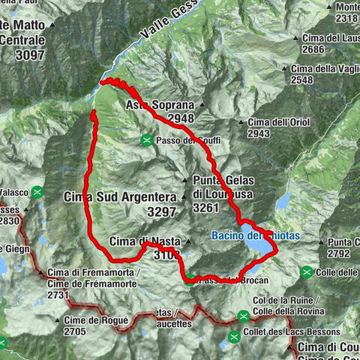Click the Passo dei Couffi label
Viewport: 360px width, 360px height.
coord(187,140)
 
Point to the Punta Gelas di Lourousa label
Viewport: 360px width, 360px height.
coord(223,187)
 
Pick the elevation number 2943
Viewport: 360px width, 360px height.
coord(259,133)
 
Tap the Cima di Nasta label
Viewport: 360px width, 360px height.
coord(142,241)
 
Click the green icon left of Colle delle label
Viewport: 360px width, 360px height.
coord(307,271)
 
